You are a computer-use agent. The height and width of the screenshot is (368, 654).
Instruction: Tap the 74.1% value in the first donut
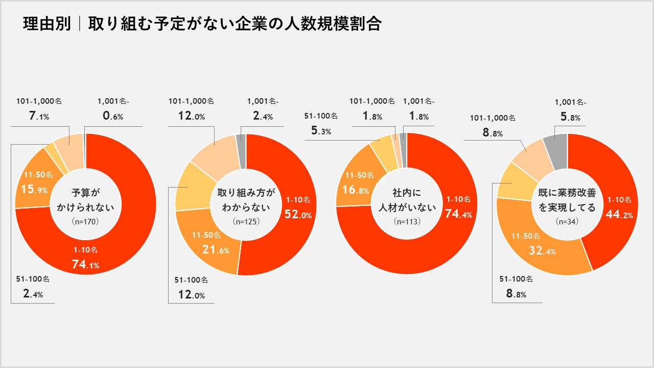click(85, 264)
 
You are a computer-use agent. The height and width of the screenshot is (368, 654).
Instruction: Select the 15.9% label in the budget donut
click(34, 190)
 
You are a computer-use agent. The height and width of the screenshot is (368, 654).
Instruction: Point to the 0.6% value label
click(113, 116)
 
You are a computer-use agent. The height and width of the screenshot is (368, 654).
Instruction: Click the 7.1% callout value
click(38, 116)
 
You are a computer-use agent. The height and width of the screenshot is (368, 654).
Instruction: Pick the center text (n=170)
click(85, 222)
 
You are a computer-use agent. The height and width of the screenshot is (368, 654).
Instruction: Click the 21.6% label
click(210, 250)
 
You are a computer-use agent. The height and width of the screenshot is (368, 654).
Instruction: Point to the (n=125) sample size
click(246, 222)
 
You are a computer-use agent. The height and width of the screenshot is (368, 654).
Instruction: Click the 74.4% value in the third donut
click(458, 214)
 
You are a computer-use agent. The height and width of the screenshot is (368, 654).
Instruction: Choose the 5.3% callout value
click(321, 131)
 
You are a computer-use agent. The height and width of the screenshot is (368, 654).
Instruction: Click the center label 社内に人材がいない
click(407, 200)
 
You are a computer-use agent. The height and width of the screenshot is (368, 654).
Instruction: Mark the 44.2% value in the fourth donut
click(619, 215)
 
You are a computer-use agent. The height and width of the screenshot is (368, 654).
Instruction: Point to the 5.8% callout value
click(570, 117)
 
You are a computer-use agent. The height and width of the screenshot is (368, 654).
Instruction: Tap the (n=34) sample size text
click(567, 222)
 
